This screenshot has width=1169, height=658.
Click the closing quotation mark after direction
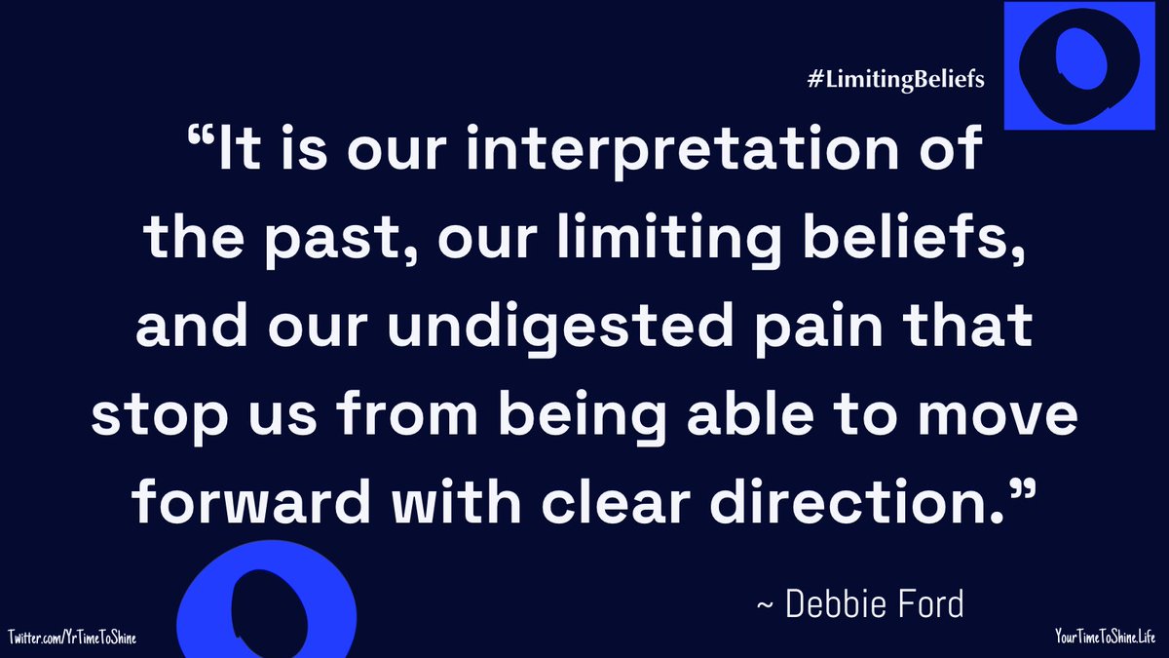tap(1012, 491)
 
